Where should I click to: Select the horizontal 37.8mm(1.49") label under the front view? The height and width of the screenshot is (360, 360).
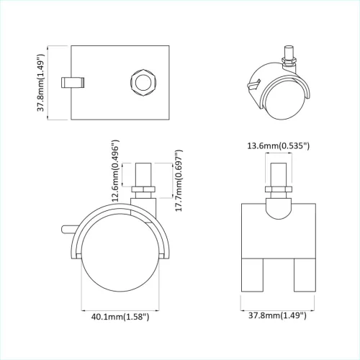tap(277, 315)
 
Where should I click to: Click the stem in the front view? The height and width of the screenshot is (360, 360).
tap(277, 176)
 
